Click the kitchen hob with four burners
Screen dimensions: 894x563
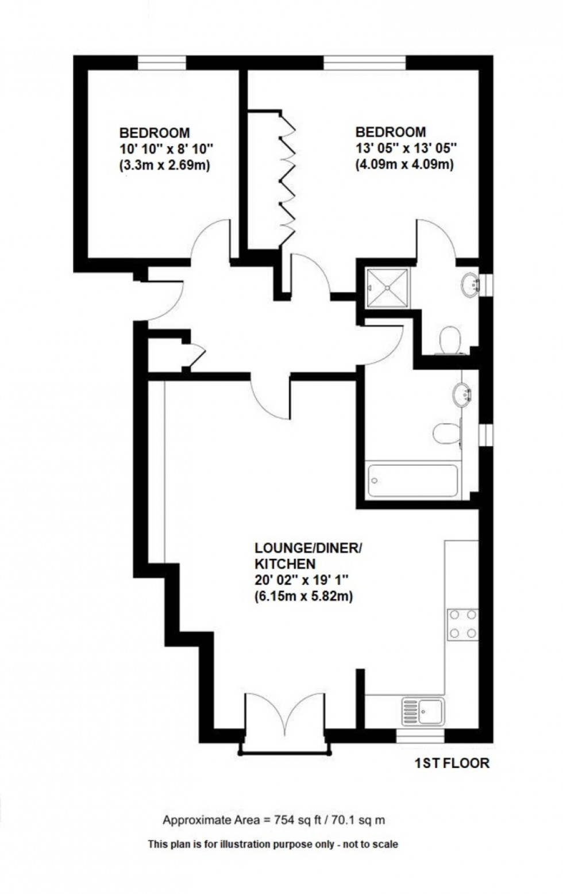pyautogui.click(x=463, y=624)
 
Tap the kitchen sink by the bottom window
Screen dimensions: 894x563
pyautogui.click(x=423, y=711)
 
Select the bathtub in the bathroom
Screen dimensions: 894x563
pyautogui.click(x=412, y=481)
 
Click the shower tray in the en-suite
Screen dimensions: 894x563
pyautogui.click(x=389, y=287)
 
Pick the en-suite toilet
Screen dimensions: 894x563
pyautogui.click(x=449, y=339)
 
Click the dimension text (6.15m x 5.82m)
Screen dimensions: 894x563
pyautogui.click(x=303, y=597)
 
